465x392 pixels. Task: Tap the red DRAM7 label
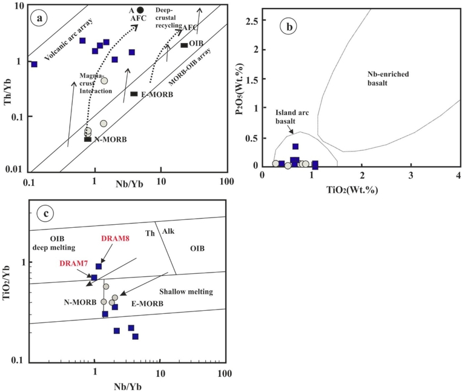[74, 264]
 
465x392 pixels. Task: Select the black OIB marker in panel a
[185, 45]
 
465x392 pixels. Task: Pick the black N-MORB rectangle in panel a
[88, 139]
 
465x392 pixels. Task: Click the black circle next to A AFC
[140, 10]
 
